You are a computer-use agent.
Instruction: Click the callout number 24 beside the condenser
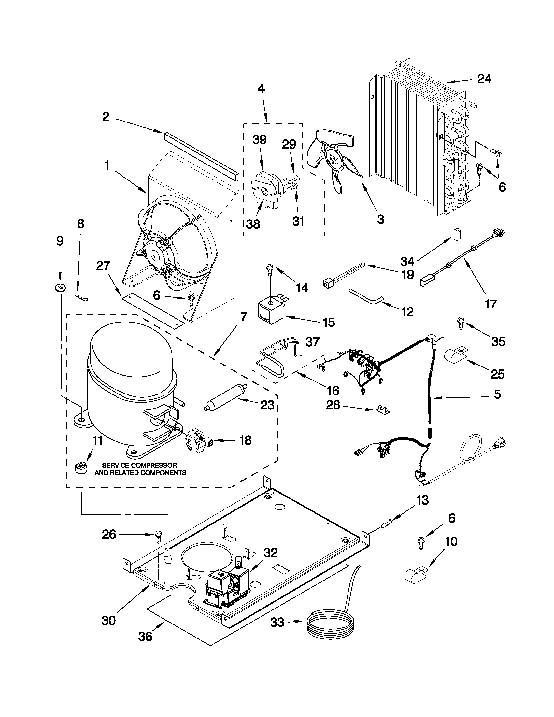coord(484,79)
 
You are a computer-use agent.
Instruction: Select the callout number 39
coord(259,140)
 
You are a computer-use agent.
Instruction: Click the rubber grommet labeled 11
coord(81,468)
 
